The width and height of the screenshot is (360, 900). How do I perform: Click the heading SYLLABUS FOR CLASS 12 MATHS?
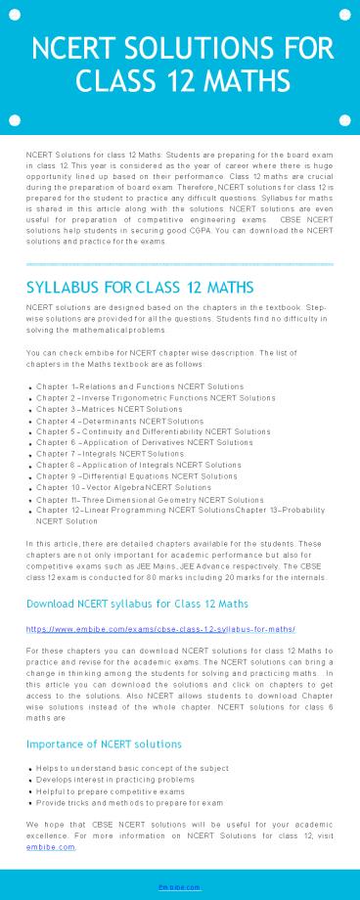(x=140, y=287)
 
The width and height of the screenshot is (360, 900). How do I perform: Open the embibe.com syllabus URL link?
(x=161, y=629)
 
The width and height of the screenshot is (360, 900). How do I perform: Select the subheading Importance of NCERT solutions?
(x=104, y=743)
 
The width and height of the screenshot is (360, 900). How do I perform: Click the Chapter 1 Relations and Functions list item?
(x=140, y=387)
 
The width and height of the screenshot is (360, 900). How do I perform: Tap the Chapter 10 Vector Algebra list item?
(x=123, y=487)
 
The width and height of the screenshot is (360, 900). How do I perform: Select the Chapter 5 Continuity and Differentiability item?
(x=154, y=431)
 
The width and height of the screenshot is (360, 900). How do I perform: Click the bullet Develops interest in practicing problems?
(x=114, y=780)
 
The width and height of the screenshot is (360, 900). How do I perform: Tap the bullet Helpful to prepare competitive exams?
(x=108, y=790)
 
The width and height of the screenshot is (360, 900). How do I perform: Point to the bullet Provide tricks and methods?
(x=130, y=802)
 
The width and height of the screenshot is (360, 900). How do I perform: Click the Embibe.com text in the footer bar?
(x=179, y=887)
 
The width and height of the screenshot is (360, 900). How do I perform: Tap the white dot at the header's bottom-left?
(x=15, y=119)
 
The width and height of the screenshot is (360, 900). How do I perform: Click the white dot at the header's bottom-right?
(x=344, y=119)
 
